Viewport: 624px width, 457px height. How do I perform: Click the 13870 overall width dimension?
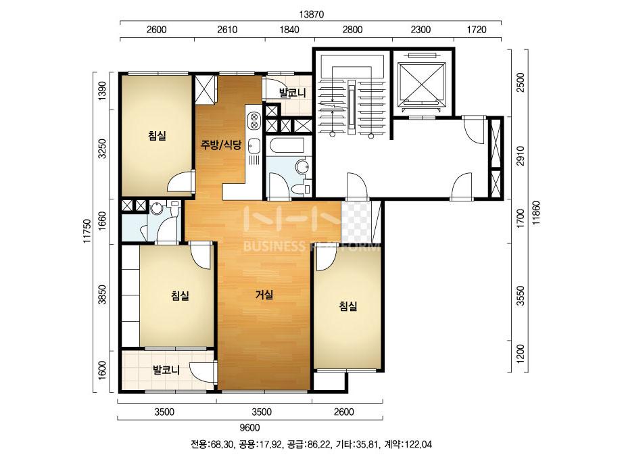click(x=312, y=14)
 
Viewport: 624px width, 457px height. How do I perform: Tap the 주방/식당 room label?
click(x=220, y=145)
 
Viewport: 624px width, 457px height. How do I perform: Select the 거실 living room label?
click(x=264, y=295)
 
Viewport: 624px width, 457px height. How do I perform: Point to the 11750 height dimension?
click(x=88, y=231)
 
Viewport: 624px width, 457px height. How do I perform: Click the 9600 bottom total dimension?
click(x=250, y=428)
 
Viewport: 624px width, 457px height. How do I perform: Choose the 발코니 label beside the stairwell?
click(x=293, y=93)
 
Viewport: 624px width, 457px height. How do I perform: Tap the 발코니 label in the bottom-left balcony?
click(x=166, y=370)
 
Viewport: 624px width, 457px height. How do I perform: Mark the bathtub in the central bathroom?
click(x=287, y=146)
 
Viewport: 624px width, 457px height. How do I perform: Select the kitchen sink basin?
click(x=254, y=146)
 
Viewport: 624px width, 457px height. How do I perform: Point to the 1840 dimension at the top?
click(x=289, y=30)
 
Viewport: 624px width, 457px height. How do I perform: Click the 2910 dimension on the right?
click(x=521, y=158)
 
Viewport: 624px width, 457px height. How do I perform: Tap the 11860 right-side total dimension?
click(x=537, y=214)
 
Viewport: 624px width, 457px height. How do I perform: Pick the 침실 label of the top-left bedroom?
click(x=157, y=136)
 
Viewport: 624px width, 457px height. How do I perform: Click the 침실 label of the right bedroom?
click(x=347, y=306)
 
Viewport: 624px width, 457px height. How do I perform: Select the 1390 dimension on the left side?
click(x=102, y=91)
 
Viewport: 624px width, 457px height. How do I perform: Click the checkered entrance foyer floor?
click(x=356, y=222)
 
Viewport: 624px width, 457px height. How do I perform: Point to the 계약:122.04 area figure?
click(x=408, y=444)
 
